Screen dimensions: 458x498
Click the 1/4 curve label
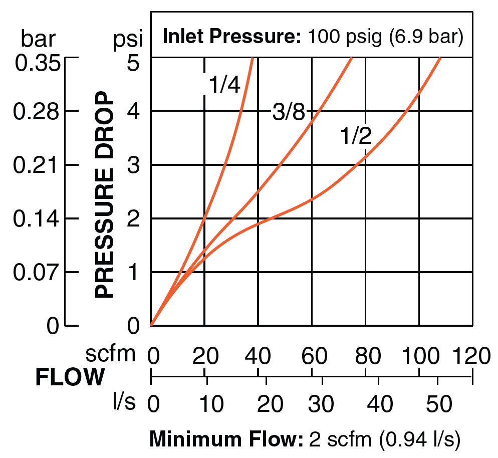(x=224, y=86)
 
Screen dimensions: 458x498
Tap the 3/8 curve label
(x=288, y=113)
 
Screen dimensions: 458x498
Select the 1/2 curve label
(x=356, y=136)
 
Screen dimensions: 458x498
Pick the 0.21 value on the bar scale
(x=38, y=165)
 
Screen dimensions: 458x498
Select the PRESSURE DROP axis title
(x=105, y=194)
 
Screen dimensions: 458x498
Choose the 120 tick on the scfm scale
(x=471, y=356)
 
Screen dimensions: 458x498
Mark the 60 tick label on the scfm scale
(x=312, y=356)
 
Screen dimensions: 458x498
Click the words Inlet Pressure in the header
(x=231, y=37)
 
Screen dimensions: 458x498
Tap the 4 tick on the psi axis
(x=132, y=111)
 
